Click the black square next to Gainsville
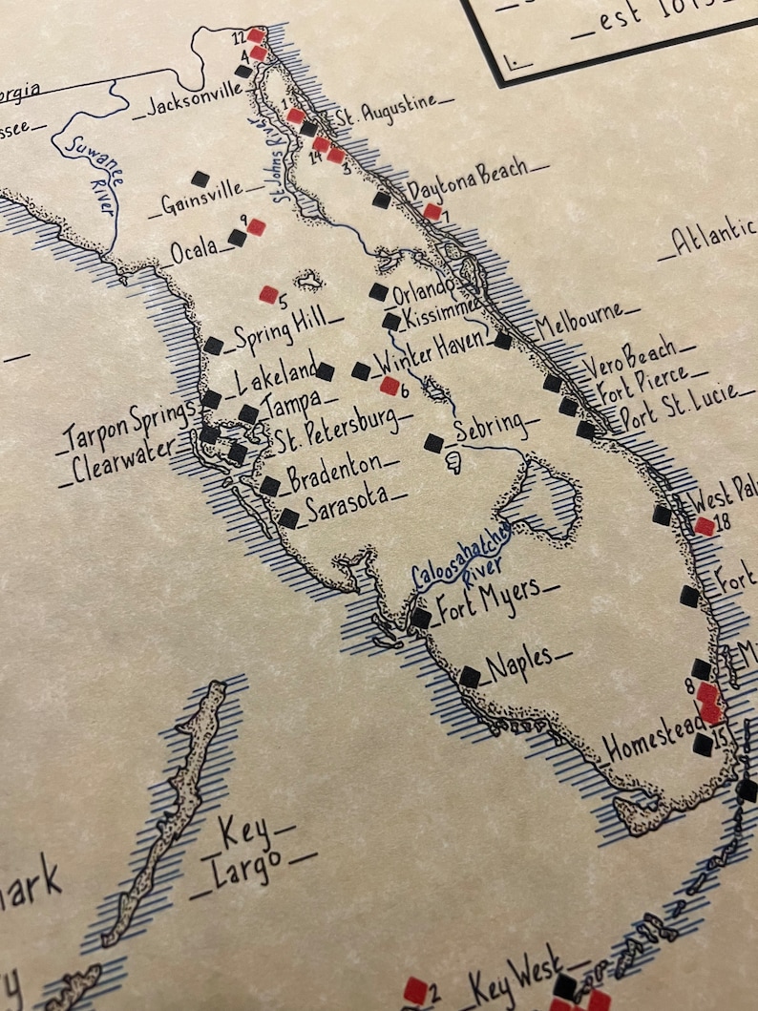pos(200,179)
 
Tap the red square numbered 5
pos(268,295)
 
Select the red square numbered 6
pos(390,386)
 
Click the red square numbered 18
pos(705,526)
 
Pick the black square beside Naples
pos(470,677)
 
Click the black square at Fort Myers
pos(420,618)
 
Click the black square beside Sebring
pos(433,443)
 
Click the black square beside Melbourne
pos(503,341)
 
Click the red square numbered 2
pos(414,990)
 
